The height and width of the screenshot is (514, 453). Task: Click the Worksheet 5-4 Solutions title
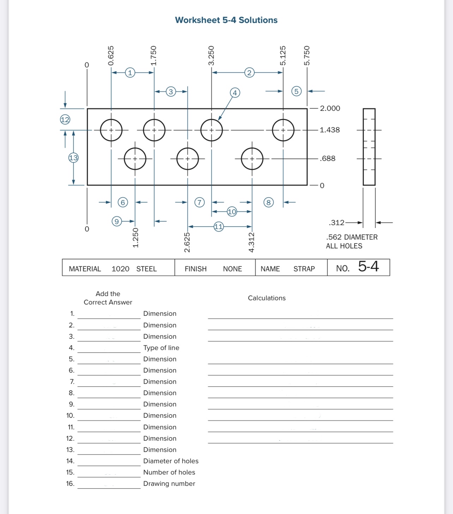[x=226, y=20]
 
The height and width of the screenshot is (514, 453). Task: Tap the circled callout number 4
[x=235, y=93]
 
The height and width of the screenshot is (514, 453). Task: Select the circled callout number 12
[x=65, y=120]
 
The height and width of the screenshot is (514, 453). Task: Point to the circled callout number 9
[x=116, y=221]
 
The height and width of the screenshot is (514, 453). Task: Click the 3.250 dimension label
[x=211, y=55]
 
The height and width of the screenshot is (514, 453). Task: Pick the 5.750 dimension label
[x=307, y=55]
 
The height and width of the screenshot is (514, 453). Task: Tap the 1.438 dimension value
[x=330, y=130]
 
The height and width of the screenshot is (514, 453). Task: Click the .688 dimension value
[x=327, y=158]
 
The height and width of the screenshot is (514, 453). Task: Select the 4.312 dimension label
[x=252, y=242]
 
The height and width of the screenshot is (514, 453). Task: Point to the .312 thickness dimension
[x=336, y=223]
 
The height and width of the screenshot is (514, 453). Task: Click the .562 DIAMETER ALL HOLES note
[x=351, y=242]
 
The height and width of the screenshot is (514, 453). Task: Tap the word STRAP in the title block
[x=304, y=269]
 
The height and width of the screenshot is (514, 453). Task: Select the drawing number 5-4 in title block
[x=368, y=266]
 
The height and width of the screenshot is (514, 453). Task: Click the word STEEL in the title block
[x=146, y=269]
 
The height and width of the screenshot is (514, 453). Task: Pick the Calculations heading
[x=267, y=298]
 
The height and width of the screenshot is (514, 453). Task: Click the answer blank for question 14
[x=109, y=461]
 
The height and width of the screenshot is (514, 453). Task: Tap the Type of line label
[x=161, y=348]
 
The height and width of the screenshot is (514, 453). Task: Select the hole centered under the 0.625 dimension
[x=111, y=130]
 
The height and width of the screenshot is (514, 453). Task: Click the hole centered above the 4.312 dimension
[x=252, y=159]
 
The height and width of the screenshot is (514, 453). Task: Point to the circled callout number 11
[x=219, y=226]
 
